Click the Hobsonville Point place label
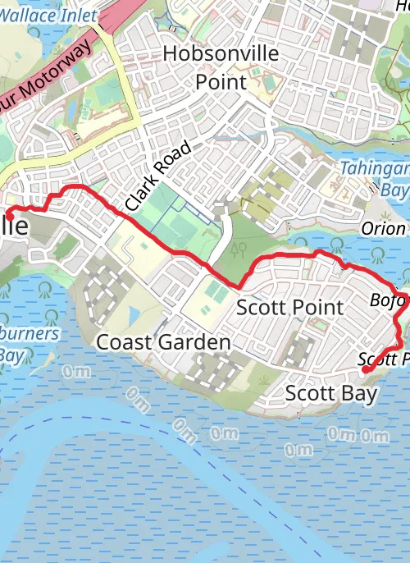[x=221, y=67]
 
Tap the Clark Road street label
[x=158, y=176]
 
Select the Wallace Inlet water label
[x=49, y=15]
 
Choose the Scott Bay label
[x=330, y=394]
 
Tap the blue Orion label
[x=383, y=229]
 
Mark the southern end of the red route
[x=365, y=371]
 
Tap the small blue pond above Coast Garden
[x=134, y=314]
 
